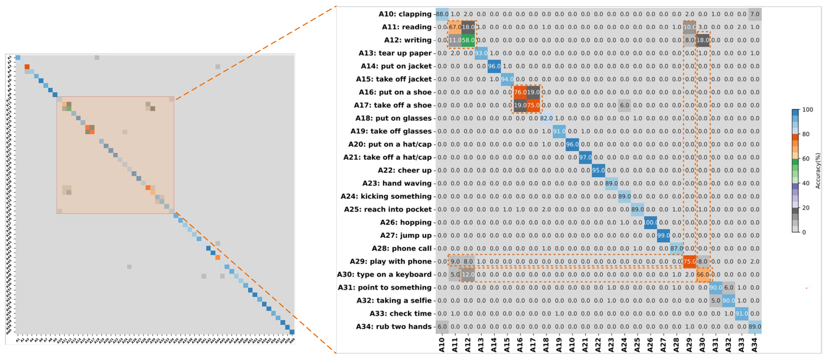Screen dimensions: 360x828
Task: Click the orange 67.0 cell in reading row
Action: tap(455, 27)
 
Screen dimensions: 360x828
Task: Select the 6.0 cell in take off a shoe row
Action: tap(624, 105)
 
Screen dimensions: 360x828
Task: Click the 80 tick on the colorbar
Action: tap(806, 134)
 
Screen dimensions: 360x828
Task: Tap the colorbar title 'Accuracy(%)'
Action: tap(818, 171)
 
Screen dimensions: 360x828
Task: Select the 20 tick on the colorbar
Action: tap(806, 208)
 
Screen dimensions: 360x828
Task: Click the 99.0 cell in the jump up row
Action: tap(663, 236)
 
